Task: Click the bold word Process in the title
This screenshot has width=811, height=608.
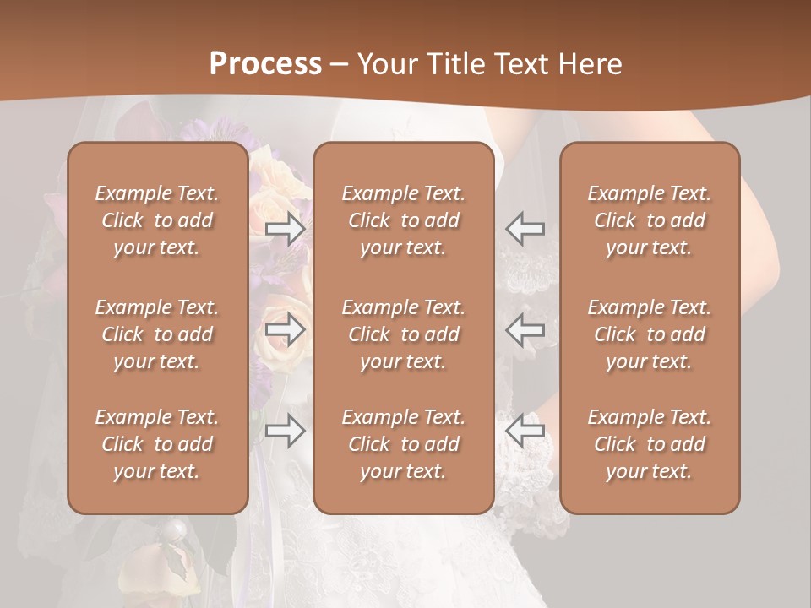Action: click(x=265, y=64)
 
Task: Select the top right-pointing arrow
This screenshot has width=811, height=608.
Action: click(x=285, y=229)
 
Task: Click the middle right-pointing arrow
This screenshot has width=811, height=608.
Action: click(x=285, y=329)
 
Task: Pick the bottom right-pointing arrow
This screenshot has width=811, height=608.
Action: click(x=285, y=431)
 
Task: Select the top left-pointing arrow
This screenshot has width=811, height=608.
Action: click(x=525, y=229)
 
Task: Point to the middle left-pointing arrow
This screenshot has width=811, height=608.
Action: click(x=525, y=329)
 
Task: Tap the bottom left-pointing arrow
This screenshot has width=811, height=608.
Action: click(x=525, y=431)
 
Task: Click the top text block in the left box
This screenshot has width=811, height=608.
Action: click(x=157, y=220)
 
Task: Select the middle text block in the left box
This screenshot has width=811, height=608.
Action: click(x=157, y=334)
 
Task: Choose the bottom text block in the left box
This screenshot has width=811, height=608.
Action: click(x=157, y=444)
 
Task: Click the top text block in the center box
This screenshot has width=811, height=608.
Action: click(x=404, y=220)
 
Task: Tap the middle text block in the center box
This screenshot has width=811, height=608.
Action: click(x=404, y=334)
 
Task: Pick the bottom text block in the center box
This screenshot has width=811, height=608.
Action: click(x=404, y=444)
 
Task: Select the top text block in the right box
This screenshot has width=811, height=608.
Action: click(x=650, y=220)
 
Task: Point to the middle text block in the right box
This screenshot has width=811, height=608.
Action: click(x=650, y=334)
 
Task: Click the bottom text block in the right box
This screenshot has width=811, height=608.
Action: click(x=650, y=444)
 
